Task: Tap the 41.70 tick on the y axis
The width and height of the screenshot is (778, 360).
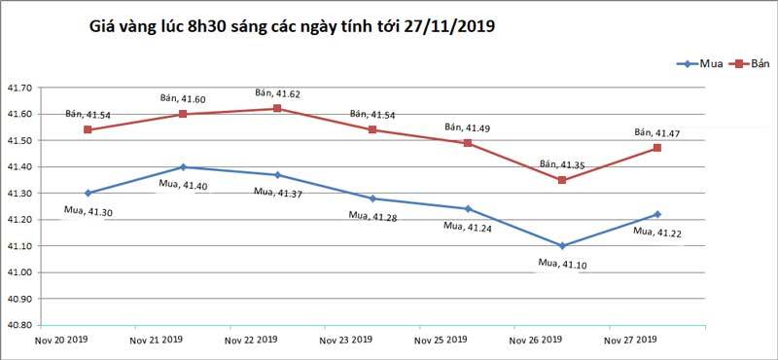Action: [20, 89]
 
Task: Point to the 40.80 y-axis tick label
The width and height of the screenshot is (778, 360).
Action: [20, 324]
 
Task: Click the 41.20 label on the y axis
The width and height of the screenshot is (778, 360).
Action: [20, 220]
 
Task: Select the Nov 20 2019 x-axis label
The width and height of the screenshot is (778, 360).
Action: [61, 341]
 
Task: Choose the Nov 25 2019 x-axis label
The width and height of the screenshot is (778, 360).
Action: [442, 341]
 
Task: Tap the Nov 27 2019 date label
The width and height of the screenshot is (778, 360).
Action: [631, 341]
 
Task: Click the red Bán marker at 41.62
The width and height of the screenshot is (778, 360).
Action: [278, 108]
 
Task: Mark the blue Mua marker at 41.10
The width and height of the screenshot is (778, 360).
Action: [563, 245]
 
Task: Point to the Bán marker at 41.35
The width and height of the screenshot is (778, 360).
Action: [563, 180]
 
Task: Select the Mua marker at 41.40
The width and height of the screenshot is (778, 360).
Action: [183, 167]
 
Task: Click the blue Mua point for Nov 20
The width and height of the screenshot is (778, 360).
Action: [88, 193]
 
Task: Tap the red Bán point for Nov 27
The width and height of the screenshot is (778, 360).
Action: [657, 148]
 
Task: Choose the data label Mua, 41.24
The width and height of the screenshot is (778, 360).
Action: [468, 226]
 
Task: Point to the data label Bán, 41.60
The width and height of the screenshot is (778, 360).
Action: [183, 98]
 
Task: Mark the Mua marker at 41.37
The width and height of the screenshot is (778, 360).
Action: [278, 175]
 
